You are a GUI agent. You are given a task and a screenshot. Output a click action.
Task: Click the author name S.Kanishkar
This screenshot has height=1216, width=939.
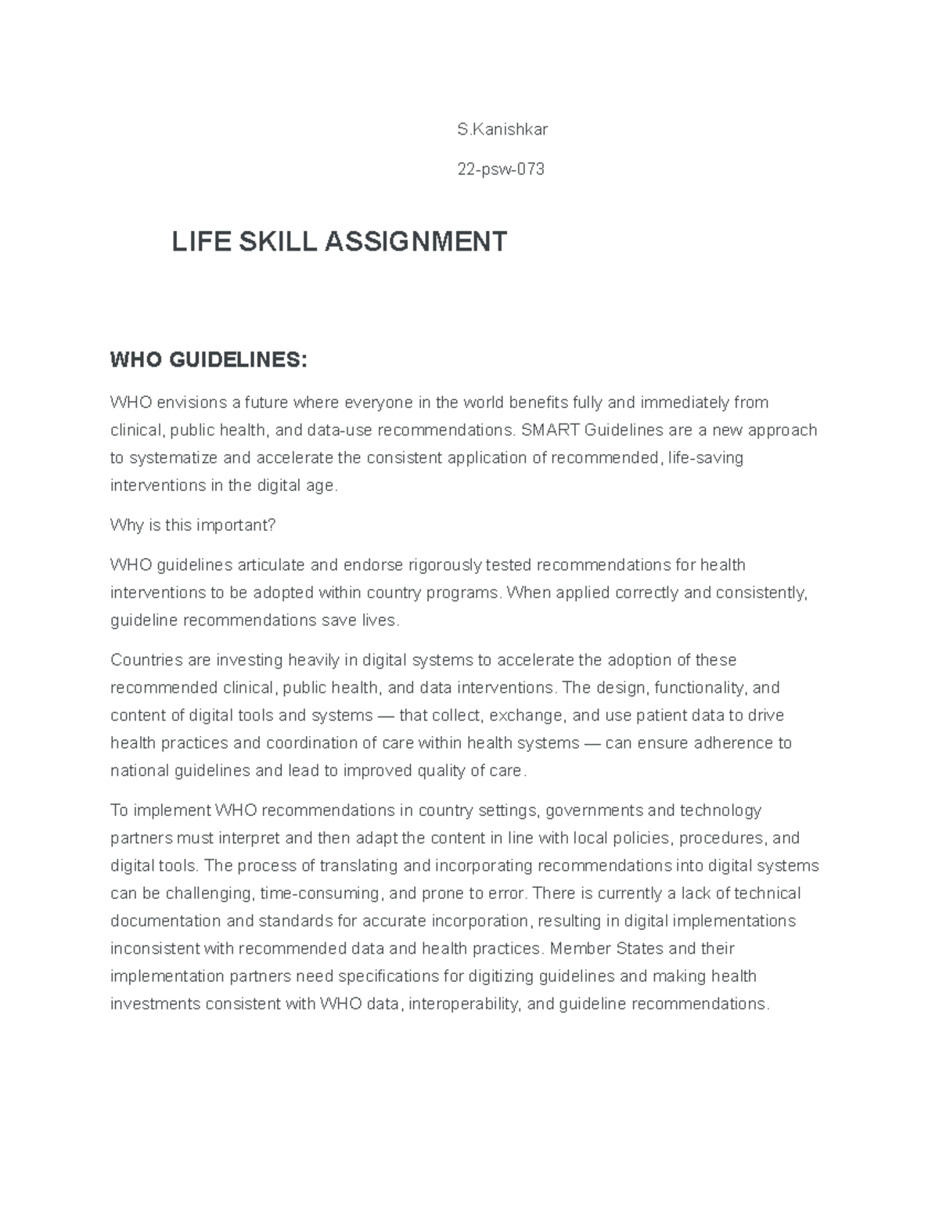502,129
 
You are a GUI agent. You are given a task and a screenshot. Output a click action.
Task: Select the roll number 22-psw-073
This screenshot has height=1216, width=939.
501,169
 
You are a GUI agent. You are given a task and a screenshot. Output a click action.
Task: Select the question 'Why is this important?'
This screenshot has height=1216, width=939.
193,525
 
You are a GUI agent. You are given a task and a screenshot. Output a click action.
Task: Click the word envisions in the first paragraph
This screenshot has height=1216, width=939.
191,402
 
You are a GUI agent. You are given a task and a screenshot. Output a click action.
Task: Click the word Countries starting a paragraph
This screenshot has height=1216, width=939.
147,660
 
